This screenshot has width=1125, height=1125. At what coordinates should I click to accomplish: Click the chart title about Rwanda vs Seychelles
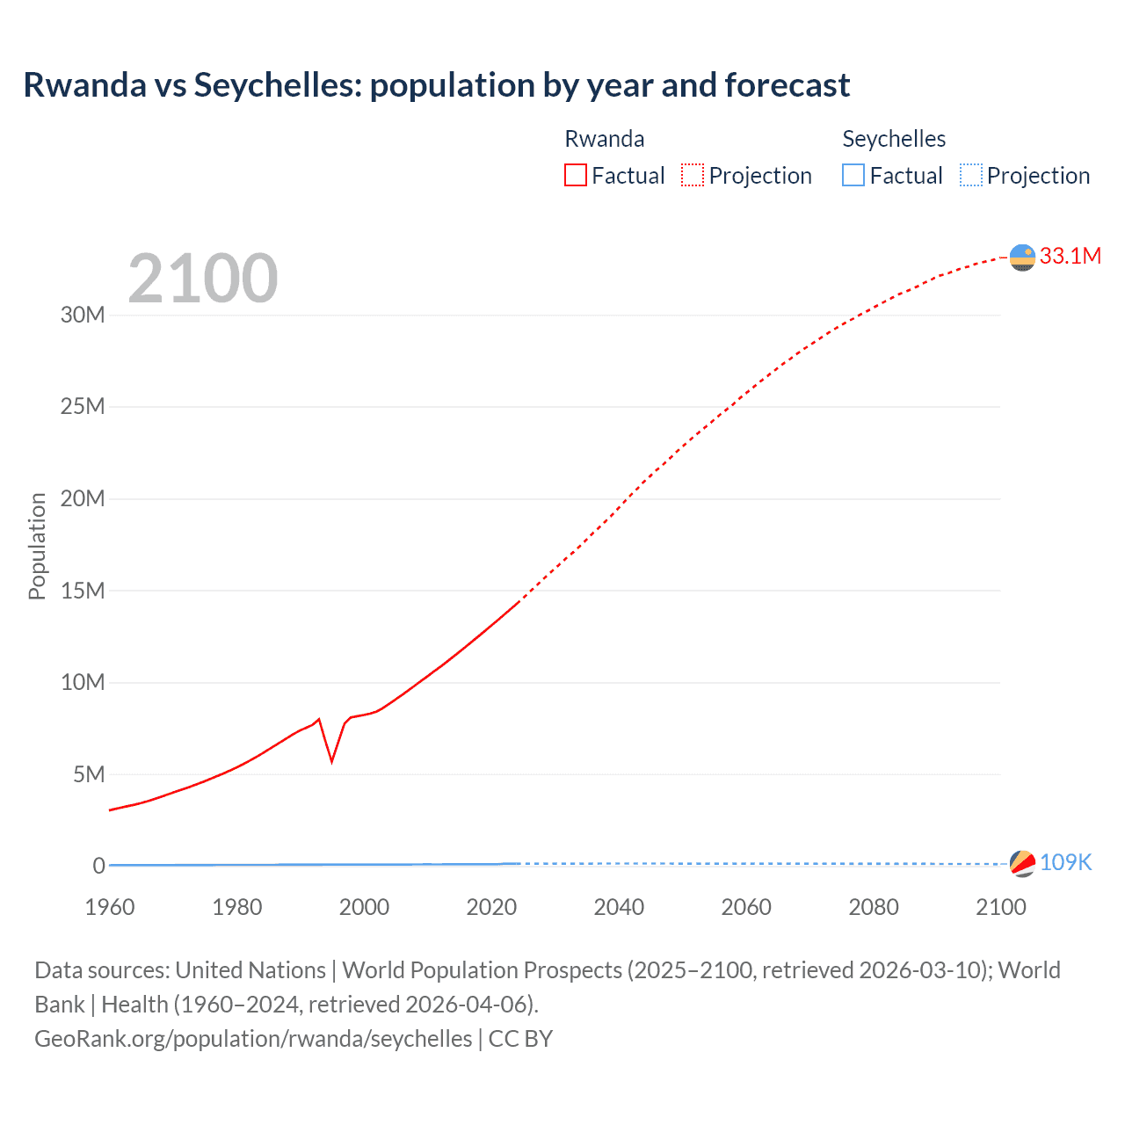[436, 85]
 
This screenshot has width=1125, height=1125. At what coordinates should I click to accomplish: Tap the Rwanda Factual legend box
[575, 175]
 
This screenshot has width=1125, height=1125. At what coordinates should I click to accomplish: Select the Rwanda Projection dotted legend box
[693, 175]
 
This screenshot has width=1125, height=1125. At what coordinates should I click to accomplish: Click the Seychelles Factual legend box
[853, 175]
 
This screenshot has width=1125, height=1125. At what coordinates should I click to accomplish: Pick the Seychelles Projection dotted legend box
[970, 175]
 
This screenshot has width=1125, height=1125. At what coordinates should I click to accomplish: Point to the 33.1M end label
[1070, 256]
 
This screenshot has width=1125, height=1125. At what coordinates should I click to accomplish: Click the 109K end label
[1065, 862]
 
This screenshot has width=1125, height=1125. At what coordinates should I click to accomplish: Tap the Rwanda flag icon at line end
[1022, 258]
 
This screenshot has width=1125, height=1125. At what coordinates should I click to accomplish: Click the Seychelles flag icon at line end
[1022, 863]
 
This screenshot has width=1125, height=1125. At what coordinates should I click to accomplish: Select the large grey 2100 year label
[203, 279]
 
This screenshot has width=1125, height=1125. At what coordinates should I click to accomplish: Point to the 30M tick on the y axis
[83, 315]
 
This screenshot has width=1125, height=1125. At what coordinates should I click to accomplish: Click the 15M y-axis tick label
[83, 591]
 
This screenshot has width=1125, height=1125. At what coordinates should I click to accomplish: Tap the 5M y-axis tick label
[89, 774]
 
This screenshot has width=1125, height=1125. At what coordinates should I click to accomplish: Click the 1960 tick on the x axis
[110, 907]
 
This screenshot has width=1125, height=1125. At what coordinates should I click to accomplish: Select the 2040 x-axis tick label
[619, 907]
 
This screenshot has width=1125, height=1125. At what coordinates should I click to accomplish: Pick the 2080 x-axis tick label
[874, 907]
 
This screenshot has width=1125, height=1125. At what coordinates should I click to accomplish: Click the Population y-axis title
[37, 546]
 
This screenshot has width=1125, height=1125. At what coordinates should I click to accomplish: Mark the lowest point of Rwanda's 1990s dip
[331, 761]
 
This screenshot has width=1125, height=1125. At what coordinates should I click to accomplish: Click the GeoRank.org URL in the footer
[253, 1039]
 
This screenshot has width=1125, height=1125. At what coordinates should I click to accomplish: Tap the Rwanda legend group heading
[604, 139]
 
